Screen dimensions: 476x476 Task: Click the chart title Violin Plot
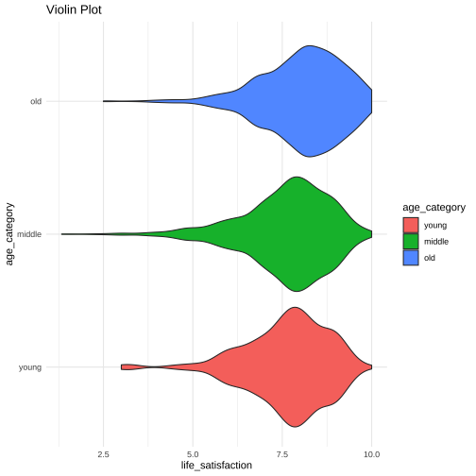[x=74, y=9]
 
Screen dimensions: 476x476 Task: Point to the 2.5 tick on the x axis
[x=103, y=454]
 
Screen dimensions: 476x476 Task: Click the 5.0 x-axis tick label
[x=193, y=454]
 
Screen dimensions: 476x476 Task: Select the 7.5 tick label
[x=282, y=454]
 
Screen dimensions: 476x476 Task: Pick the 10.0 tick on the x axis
[x=372, y=454]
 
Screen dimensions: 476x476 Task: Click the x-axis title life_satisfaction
[x=216, y=466]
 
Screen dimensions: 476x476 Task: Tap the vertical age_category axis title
[x=9, y=234]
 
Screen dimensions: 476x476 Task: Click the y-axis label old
[x=36, y=101]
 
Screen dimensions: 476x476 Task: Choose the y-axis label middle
[x=29, y=234]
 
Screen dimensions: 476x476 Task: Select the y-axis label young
[x=30, y=367]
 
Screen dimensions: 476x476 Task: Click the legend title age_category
[x=433, y=208]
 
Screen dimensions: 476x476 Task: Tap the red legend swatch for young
[x=411, y=225]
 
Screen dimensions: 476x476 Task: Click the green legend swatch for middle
[x=411, y=242]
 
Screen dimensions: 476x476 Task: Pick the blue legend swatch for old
[x=411, y=258]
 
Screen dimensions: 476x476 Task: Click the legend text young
[x=435, y=226]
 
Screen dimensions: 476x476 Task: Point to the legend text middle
[x=436, y=242]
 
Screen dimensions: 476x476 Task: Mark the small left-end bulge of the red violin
[x=130, y=367]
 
